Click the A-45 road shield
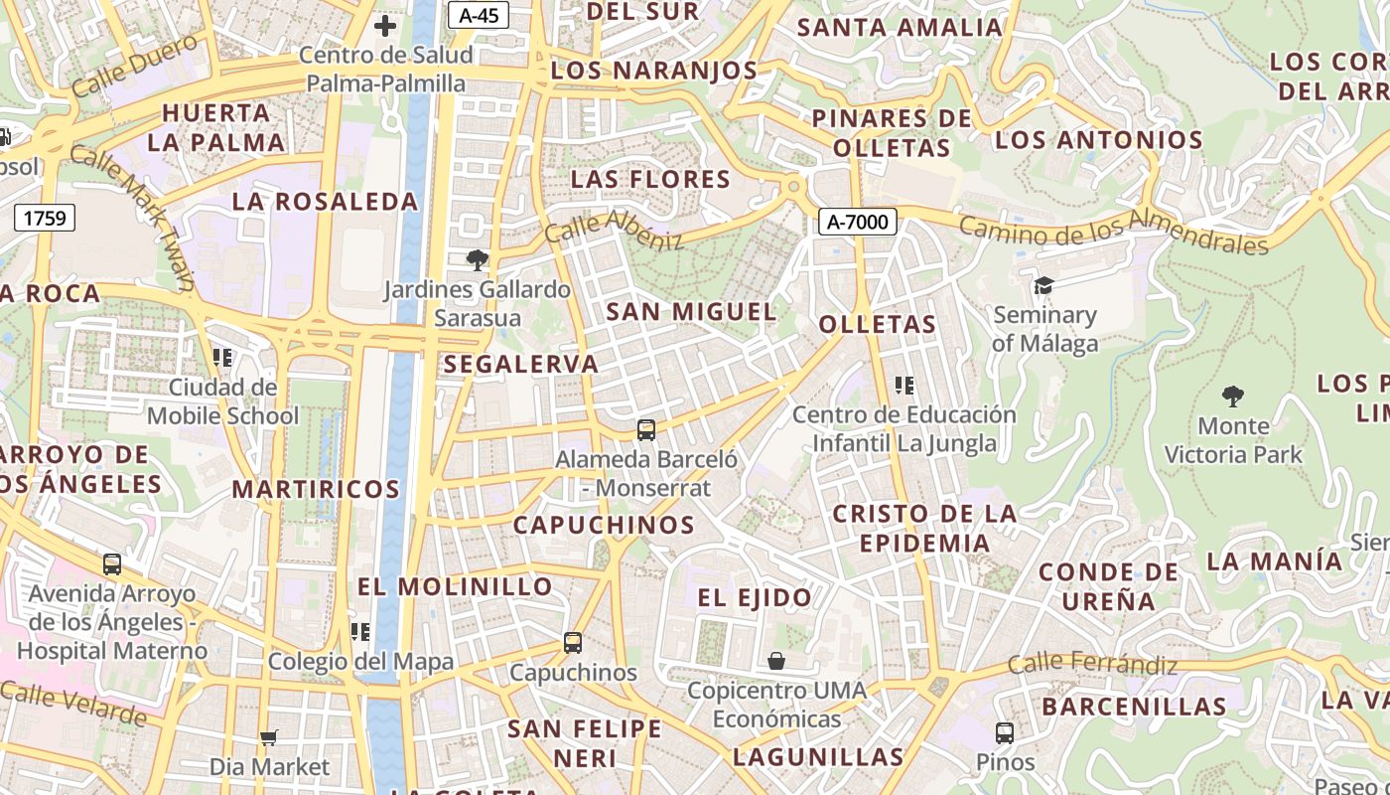(x=479, y=15)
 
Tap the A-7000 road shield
(x=858, y=222)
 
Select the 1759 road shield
(x=46, y=218)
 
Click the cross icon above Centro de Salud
(x=385, y=26)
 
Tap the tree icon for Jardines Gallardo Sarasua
(x=478, y=260)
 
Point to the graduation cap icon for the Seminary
(x=1043, y=286)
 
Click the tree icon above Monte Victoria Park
(x=1233, y=397)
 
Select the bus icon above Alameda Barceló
(x=646, y=430)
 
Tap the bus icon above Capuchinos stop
(x=573, y=643)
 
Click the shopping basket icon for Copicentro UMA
(x=776, y=661)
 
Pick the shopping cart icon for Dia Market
(x=269, y=737)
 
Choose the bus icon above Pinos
(x=1005, y=733)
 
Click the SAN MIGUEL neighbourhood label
(x=691, y=311)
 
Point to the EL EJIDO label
(x=755, y=597)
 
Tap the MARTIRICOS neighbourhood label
(x=316, y=489)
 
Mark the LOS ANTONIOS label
(x=1098, y=139)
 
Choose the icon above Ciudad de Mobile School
(x=222, y=357)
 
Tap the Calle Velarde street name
(x=73, y=703)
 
